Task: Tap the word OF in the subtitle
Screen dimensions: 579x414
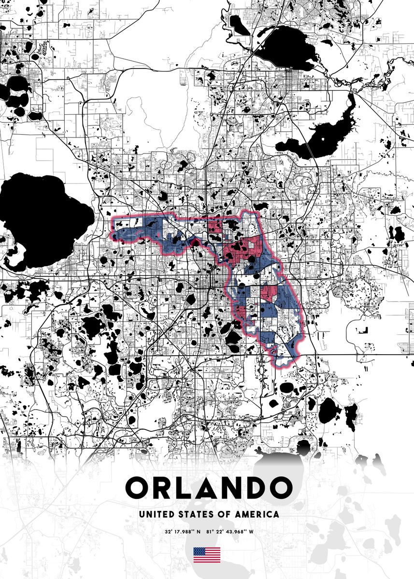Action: (x=224, y=514)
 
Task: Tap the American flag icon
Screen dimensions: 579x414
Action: (x=207, y=555)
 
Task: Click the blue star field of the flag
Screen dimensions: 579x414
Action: (x=199, y=551)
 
